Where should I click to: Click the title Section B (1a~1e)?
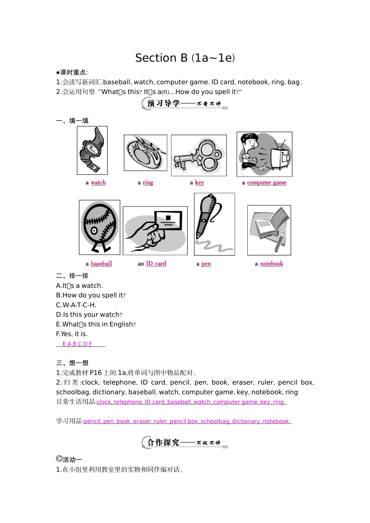(185, 58)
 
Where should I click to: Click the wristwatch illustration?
(92, 151)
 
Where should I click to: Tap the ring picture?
(145, 153)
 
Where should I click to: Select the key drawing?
(199, 155)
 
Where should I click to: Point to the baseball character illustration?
(99, 227)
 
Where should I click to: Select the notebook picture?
(269, 230)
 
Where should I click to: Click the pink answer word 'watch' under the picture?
(98, 183)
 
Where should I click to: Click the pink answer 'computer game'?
(266, 183)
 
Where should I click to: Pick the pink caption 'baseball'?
(101, 264)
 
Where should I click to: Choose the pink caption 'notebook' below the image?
(271, 264)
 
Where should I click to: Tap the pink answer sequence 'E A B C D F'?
(77, 344)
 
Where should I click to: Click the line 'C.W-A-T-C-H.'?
(76, 305)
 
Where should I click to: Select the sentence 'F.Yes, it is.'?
(72, 334)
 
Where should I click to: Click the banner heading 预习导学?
(164, 104)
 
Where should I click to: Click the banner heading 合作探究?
(164, 442)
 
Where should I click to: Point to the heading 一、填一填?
(72, 121)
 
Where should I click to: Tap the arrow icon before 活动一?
(59, 459)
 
